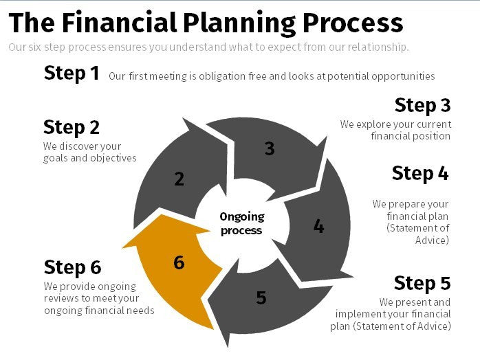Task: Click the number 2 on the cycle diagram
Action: click(x=179, y=179)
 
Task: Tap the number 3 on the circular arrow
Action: click(x=270, y=148)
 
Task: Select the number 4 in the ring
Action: click(x=318, y=225)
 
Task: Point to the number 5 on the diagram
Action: click(x=261, y=297)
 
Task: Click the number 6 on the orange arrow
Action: click(x=179, y=262)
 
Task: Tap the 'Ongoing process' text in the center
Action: click(x=241, y=223)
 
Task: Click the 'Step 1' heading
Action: click(x=72, y=74)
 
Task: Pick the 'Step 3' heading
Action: click(x=422, y=105)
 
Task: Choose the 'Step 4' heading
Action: click(x=420, y=173)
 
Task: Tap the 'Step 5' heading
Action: click(x=422, y=283)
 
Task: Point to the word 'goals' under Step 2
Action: click(x=56, y=158)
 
